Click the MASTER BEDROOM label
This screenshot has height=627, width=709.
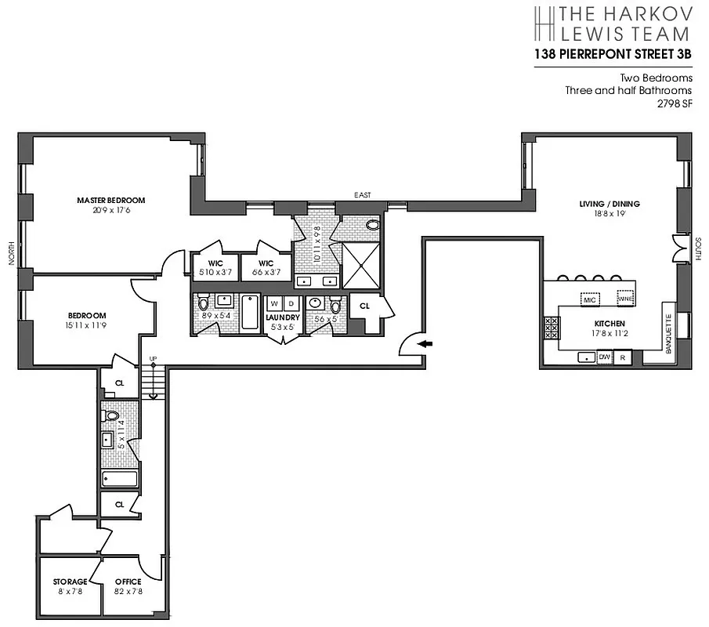(x=110, y=200)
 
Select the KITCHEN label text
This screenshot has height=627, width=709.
(x=609, y=323)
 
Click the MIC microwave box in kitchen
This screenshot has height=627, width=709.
(x=590, y=299)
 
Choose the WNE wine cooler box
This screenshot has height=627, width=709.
(x=625, y=299)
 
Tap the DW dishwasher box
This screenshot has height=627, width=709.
(x=604, y=357)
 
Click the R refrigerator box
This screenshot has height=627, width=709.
(x=623, y=357)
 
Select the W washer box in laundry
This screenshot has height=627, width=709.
(x=274, y=303)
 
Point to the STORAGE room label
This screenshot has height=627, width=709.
(x=70, y=582)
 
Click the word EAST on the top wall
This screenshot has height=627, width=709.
(x=362, y=194)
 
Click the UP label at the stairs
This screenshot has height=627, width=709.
(x=153, y=359)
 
